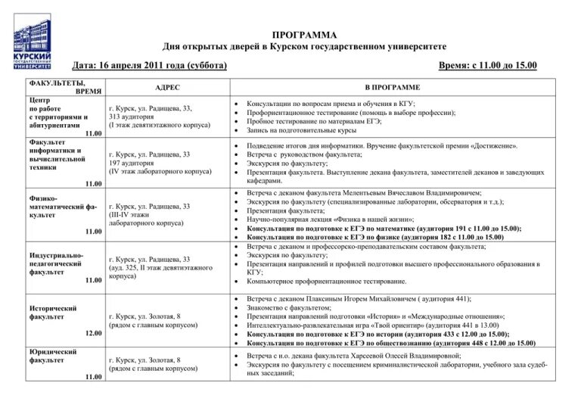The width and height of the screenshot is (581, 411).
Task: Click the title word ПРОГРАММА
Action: tap(305, 35)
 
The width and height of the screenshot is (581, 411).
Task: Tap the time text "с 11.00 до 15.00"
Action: tap(501, 66)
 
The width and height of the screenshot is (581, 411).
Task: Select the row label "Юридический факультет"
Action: tap(53, 357)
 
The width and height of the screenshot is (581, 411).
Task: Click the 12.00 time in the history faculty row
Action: tap(93, 334)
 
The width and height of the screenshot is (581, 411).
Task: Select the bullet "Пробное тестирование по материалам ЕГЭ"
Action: tap(314, 121)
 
